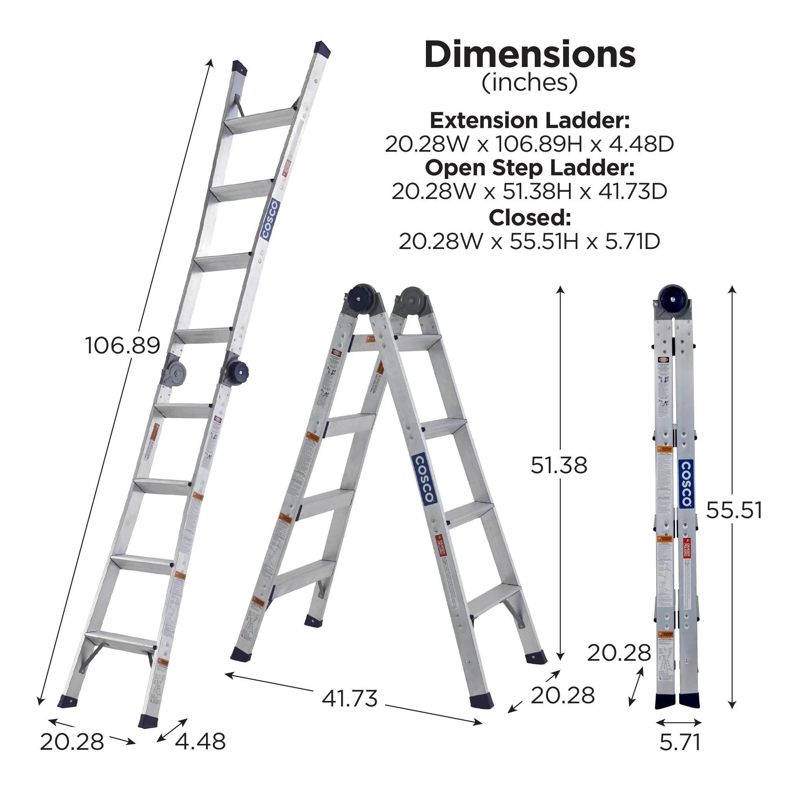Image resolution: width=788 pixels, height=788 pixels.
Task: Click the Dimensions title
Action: coord(530,55)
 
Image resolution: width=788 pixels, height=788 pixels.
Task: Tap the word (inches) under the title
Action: coord(530,83)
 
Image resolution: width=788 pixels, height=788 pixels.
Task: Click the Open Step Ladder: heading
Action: coord(530,167)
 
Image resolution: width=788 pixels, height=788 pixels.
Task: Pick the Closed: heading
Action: coord(530,218)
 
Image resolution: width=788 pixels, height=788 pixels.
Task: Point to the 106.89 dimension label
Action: coord(123,346)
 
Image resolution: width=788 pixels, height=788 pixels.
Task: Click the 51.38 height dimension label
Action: coord(559,465)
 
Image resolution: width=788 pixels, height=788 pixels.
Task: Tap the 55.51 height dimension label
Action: coord(734,510)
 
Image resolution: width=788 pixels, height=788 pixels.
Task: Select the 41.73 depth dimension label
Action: coord(349,699)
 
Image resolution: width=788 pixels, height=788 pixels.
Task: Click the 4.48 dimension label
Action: coord(200,742)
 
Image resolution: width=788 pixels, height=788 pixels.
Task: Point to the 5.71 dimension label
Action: coord(680,742)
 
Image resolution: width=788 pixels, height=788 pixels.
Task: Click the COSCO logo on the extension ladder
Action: coord(270,219)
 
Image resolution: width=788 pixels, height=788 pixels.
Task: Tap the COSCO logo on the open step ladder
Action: coord(424,478)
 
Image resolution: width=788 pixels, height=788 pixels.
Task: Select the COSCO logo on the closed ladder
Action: coord(686,484)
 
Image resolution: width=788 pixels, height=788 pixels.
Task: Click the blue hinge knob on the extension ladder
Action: coord(238,371)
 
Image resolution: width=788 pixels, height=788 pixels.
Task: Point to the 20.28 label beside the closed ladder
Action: coord(619,653)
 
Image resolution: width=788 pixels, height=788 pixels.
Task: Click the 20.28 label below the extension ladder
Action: coord(72,742)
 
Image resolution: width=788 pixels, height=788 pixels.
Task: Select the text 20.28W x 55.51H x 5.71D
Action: coord(530,242)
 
